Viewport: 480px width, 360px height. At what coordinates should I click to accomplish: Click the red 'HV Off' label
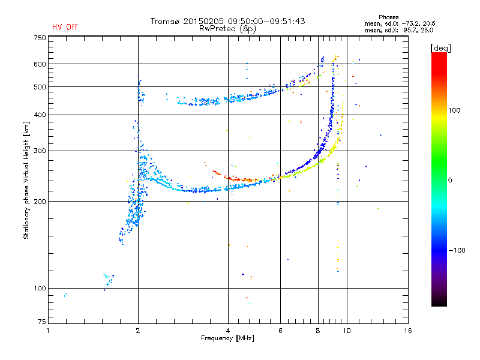click(x=65, y=27)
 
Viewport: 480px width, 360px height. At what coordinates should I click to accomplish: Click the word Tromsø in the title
click(x=166, y=21)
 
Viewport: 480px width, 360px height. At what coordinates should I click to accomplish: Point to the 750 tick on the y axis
click(x=40, y=37)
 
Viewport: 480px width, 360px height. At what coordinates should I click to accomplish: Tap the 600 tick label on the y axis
click(x=40, y=64)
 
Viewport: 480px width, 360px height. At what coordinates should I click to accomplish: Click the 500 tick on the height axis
click(x=40, y=87)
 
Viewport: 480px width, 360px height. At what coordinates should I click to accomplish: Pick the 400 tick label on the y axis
click(x=40, y=115)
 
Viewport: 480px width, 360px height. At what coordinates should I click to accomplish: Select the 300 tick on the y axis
click(x=40, y=151)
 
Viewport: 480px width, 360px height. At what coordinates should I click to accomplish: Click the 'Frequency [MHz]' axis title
click(x=228, y=339)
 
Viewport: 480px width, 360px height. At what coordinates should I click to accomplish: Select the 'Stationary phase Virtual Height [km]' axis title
click(x=26, y=180)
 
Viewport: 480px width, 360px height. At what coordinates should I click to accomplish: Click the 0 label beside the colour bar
click(x=451, y=180)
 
